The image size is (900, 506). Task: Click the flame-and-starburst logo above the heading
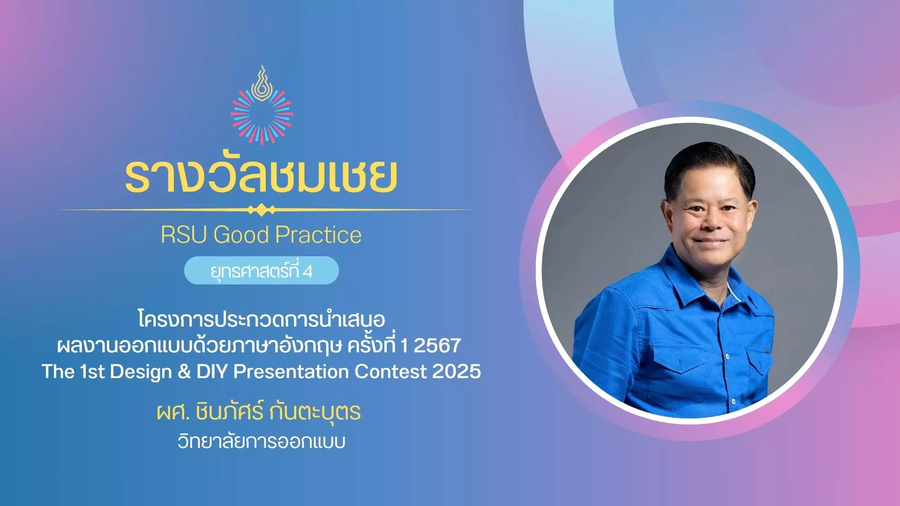pos(262,105)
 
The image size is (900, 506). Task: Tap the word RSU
pos(183,235)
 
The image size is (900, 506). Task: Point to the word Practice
pos(319,235)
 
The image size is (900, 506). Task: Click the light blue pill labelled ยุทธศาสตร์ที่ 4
pos(262,270)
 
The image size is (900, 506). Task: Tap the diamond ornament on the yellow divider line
pos(262,210)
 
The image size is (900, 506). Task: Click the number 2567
pos(437,346)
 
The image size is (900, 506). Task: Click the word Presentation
pos(291,372)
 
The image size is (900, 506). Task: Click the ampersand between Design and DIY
pos(184,372)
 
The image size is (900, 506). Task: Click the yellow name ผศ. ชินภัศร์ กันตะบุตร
pos(259,411)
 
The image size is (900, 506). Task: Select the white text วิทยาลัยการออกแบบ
pos(261,441)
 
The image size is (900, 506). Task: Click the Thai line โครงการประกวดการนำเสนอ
pos(262,319)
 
